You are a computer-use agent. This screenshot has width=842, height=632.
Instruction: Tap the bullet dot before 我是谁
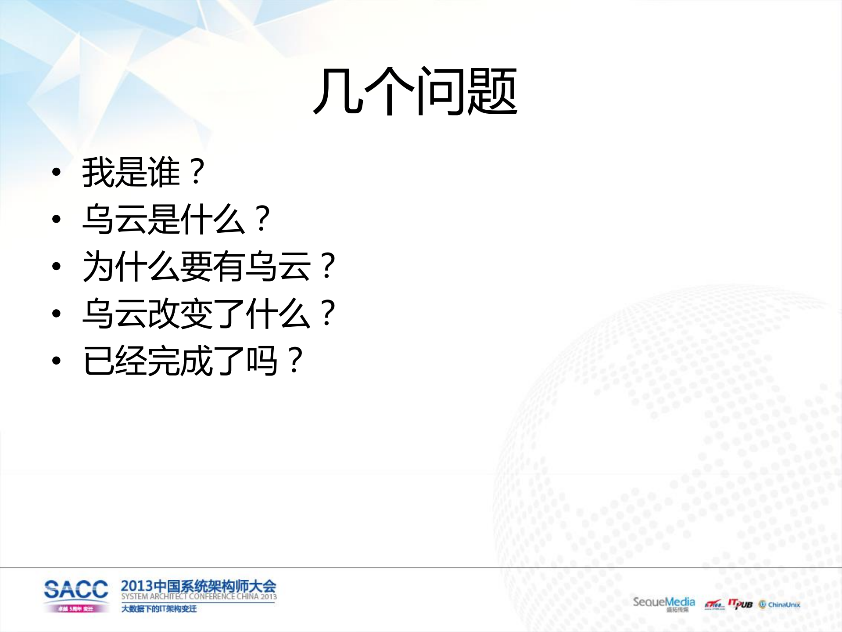(56, 172)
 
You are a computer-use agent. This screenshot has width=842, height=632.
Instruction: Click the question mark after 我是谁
(197, 172)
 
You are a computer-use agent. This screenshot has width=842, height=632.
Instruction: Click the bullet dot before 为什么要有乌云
(56, 266)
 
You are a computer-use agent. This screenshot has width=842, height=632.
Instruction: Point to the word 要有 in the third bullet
(211, 266)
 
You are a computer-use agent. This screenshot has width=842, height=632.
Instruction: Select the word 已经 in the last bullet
(114, 361)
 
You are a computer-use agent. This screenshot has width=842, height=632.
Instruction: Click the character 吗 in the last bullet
(262, 361)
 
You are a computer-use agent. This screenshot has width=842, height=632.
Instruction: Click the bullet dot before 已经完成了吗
(56, 361)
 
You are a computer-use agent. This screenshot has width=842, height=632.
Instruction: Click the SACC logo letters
(76, 589)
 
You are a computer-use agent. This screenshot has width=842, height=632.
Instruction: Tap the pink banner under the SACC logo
(76, 609)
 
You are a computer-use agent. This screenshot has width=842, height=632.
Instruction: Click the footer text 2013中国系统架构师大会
(198, 586)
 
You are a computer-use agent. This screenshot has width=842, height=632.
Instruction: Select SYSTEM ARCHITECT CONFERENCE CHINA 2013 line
(199, 597)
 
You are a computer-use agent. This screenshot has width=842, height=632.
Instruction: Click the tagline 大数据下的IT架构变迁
(159, 609)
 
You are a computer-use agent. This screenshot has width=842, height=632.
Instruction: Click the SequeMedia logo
(663, 602)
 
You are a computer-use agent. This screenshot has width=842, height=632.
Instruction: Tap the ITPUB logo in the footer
(740, 604)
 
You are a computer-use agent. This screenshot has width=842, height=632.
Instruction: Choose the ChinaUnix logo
(780, 605)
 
